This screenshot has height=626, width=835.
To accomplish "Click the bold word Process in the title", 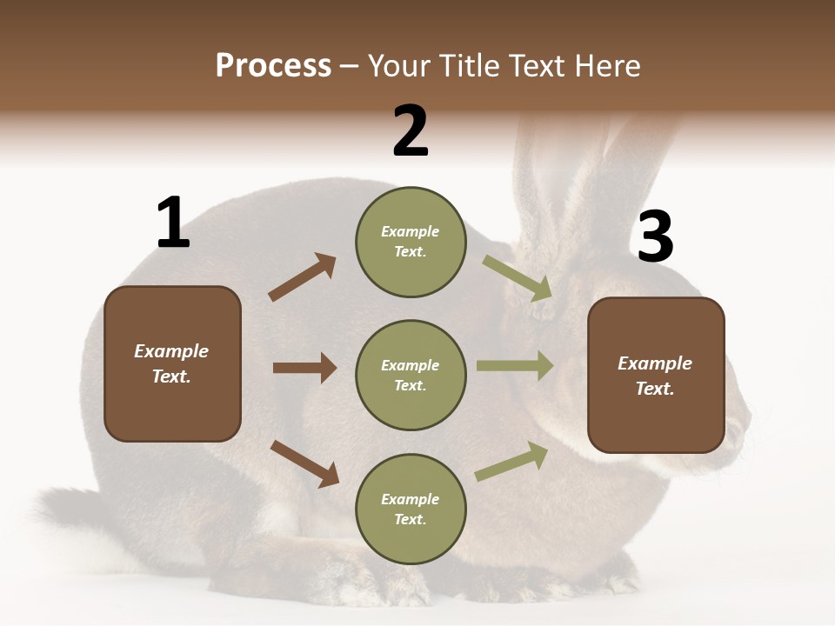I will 273,66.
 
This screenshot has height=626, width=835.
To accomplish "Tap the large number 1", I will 173,223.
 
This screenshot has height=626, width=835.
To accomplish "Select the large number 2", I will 411,131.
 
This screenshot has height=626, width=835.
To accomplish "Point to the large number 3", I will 655,236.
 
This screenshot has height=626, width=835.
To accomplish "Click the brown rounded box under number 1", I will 172,363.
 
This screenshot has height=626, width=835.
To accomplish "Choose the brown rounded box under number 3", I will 656,376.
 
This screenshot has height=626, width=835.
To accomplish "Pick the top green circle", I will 411,242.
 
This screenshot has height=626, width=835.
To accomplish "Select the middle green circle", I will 411,376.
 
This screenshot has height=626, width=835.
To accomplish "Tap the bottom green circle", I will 411,509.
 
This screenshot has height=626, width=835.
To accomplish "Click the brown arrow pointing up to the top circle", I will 302,277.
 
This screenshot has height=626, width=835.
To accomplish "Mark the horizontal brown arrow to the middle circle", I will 304,368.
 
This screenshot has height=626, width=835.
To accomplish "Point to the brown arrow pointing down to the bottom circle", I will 304,463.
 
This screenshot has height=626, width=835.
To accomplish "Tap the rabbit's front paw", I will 609,578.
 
